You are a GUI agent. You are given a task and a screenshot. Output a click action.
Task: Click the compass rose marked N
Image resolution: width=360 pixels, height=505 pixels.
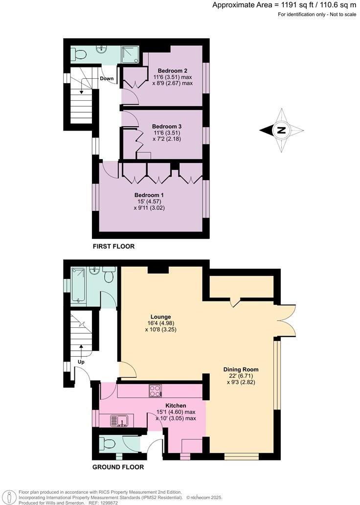281,130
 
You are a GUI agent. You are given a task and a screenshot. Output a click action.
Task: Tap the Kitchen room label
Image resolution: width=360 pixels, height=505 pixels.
176,406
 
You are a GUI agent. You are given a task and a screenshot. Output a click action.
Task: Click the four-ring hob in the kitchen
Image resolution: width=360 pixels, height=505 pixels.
156,390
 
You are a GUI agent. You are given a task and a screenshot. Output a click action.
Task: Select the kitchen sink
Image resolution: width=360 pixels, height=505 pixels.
118,419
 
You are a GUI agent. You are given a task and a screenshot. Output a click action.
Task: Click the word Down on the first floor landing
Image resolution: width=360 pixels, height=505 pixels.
107,78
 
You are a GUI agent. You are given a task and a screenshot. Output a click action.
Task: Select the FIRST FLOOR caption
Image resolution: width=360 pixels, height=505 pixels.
113,246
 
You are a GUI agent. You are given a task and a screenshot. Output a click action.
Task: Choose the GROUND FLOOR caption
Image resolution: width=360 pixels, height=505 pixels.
118,467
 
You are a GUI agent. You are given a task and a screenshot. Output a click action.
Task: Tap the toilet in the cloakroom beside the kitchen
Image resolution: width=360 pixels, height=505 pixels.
109,443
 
